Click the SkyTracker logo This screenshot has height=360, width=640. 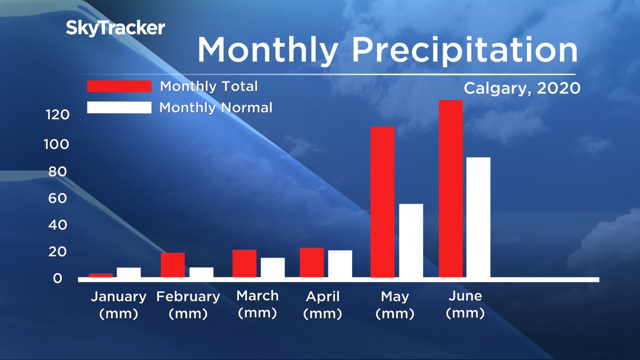(115, 28)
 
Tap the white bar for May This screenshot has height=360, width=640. (411, 241)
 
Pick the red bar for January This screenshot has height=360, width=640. (100, 275)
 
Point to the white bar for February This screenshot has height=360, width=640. (201, 272)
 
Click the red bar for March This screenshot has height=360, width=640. (244, 263)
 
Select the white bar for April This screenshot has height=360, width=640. (340, 263)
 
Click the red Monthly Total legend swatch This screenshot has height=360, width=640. (119, 86)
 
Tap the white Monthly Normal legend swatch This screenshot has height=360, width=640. (119, 107)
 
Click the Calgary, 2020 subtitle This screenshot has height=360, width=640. (522, 88)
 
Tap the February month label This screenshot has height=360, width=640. (188, 297)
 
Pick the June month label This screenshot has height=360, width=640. (465, 296)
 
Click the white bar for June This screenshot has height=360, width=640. (478, 217)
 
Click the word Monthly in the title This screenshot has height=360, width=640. (267, 51)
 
